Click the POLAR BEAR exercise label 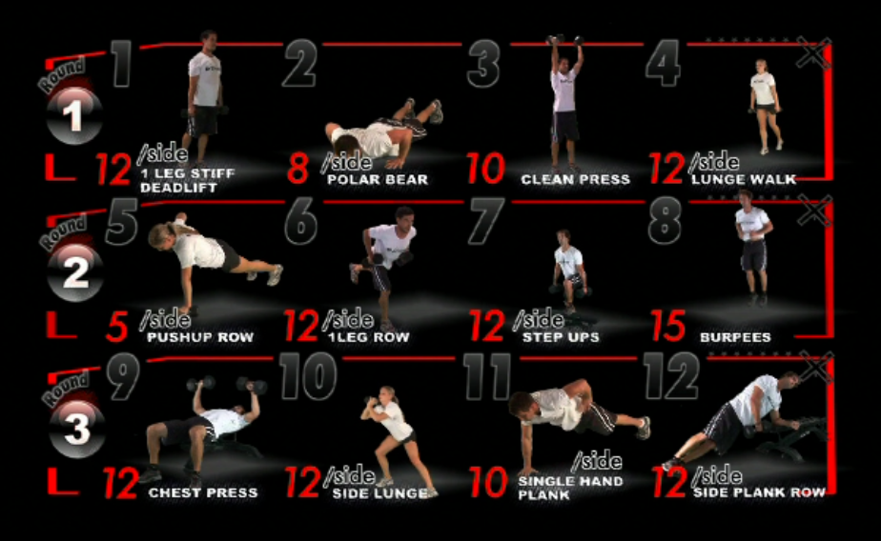pos(378,180)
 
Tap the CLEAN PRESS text pos(575,180)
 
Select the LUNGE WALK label pos(744,180)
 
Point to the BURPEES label pos(735,337)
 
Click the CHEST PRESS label pos(203,492)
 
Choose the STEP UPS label pos(561,337)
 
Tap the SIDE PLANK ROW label pos(760,492)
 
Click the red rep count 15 pos(668,326)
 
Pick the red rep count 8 pos(297,168)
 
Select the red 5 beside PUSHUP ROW pos(117,326)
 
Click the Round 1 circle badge pos(74,115)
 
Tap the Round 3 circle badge pos(77,429)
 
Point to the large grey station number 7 pos(485,221)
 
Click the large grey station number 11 pos(487,376)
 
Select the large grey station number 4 pos(664,63)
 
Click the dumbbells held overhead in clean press pos(564,40)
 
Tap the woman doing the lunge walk pos(765,107)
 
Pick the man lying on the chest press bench pos(202,430)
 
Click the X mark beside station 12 pos(816,369)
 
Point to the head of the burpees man pos(745,197)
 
